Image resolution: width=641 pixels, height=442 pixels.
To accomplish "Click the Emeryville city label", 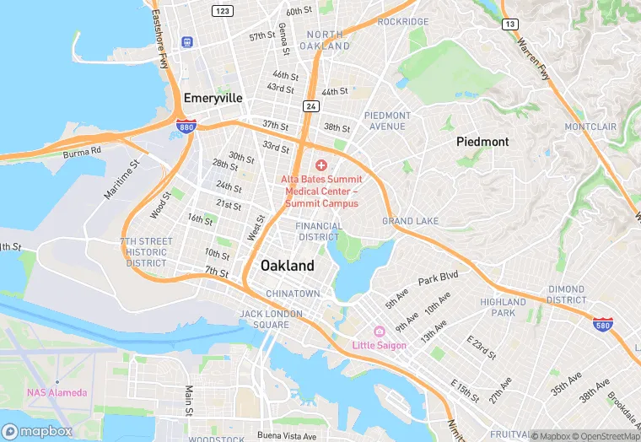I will pos(213,98).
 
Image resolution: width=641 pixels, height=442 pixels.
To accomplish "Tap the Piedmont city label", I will pos(482,141).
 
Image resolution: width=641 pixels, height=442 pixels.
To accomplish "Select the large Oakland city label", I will pos(287,266).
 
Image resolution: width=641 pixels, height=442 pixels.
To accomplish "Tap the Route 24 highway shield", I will pos(310,105).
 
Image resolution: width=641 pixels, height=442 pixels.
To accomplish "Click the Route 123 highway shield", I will pos(223,10).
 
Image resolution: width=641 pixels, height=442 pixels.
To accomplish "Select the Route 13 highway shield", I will pos(509,24).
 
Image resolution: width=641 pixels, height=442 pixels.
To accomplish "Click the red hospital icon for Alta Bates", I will pos(321,165).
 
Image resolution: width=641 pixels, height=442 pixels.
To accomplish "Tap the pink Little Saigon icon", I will pos(379,331).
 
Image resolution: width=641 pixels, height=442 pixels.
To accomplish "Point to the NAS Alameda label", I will pos(57,393).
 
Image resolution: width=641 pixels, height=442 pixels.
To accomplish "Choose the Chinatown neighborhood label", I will pos(293,294).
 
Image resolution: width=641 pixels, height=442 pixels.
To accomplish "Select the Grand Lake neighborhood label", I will pos(410,221).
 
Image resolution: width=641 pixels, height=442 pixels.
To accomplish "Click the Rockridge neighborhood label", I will pos(403,21).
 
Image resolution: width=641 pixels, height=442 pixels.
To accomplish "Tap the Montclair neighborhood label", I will pos(590,127).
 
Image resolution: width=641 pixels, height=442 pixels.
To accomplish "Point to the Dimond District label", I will pos(566,294).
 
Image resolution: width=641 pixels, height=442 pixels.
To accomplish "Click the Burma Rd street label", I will pos(82,153).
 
